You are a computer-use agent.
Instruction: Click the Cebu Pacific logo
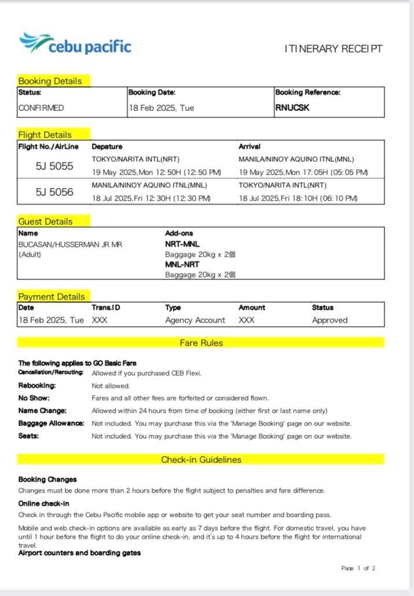[x=75, y=45]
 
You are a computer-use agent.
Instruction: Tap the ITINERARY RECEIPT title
[x=333, y=49]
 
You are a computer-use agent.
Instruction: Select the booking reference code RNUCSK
[x=292, y=108]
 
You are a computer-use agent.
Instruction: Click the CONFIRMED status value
[x=41, y=108]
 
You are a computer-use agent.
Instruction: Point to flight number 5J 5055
[x=54, y=166]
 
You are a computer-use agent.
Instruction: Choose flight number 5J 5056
[x=54, y=192]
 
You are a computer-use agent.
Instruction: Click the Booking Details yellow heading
[x=50, y=81]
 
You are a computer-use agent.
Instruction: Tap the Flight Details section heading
[x=45, y=135]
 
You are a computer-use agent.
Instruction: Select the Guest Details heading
[x=46, y=221]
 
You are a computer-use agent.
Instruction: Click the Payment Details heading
[x=51, y=297]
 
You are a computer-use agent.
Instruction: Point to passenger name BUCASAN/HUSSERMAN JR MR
[x=70, y=245]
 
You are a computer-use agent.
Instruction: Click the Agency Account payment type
[x=195, y=320]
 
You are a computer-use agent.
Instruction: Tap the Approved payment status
[x=330, y=320]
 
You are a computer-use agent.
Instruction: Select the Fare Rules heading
[x=201, y=343]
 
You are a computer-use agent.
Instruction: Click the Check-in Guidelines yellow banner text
[x=201, y=460]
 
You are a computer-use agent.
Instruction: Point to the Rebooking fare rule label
[x=37, y=386]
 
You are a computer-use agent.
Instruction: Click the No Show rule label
[x=34, y=398]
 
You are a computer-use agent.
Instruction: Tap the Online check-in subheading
[x=43, y=504]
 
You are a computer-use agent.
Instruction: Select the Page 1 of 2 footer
[x=358, y=568]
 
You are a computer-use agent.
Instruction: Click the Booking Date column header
[x=151, y=92]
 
